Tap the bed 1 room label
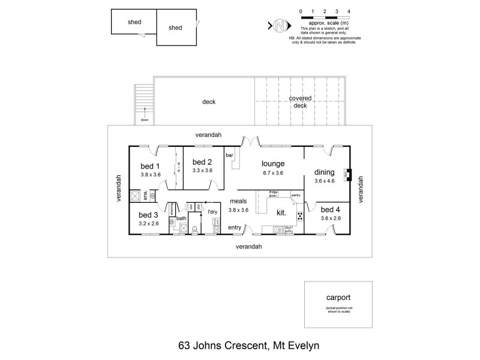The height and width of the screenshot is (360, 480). point(150,166)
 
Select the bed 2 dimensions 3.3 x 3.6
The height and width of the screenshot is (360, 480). point(202,170)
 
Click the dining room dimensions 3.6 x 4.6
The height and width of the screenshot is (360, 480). point(326,181)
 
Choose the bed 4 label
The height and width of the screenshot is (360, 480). point(331,209)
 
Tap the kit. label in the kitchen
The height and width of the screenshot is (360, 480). point(281,212)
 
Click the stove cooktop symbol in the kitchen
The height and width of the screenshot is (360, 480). point(299,217)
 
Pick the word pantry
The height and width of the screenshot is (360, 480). point(295,195)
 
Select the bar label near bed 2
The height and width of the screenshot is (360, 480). point(229,156)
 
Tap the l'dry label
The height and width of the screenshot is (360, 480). point(212,212)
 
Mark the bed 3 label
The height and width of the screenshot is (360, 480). point(148,215)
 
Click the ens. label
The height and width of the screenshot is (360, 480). point(146,195)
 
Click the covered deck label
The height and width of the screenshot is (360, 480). point(300,101)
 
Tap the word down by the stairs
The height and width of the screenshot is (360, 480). point(145,120)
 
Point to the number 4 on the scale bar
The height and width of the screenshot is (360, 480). point(349,11)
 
